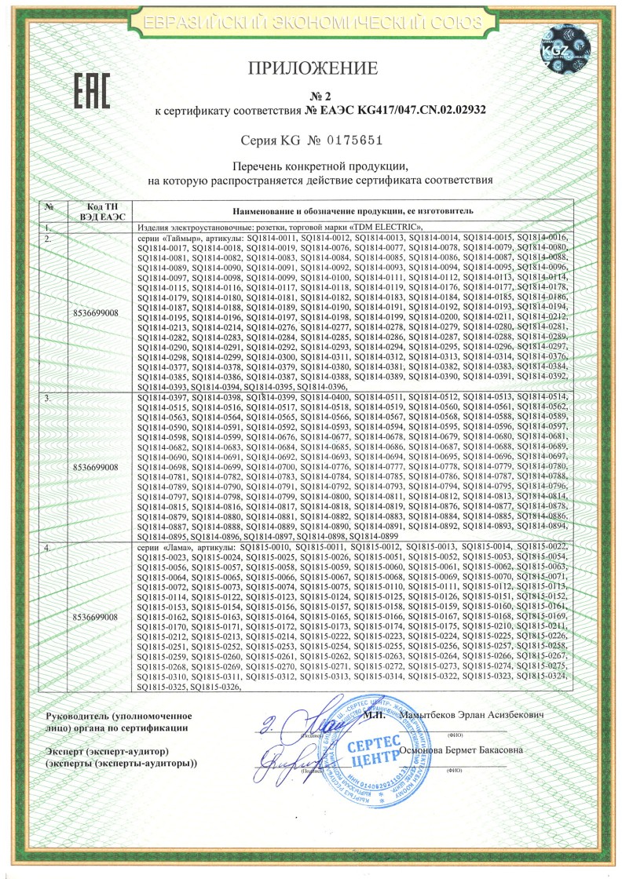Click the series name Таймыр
[187, 237]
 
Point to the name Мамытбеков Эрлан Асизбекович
[471, 716]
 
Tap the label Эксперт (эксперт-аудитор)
[97, 750]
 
